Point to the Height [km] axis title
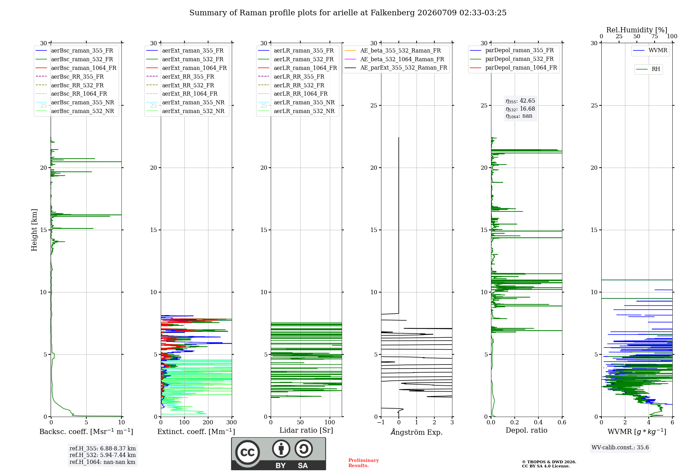tap(34, 230)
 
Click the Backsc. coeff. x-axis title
tap(86, 432)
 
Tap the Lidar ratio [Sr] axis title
tap(306, 431)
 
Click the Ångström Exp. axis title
tap(417, 432)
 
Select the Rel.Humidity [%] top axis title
tap(637, 30)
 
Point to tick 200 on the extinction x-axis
tap(208, 423)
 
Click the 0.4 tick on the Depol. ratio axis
tap(538, 423)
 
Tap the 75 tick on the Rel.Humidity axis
tap(654, 37)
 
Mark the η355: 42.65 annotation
tap(520, 101)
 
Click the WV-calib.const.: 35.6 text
tap(620, 448)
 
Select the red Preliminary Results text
tap(364, 463)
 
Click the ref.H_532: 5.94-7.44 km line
tap(103, 455)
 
